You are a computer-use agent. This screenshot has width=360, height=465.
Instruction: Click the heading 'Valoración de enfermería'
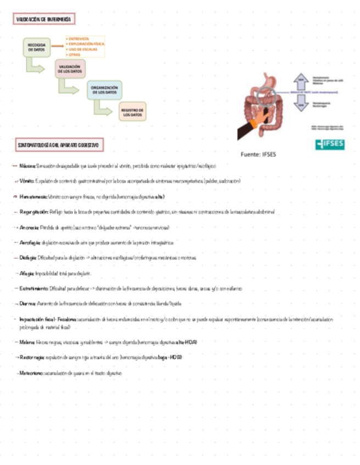coord(44,19)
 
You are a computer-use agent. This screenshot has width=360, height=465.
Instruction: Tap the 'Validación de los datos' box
coord(70,69)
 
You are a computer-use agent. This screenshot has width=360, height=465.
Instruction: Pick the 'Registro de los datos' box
coord(133,113)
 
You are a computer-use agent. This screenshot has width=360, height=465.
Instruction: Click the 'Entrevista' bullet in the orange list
coord(80,38)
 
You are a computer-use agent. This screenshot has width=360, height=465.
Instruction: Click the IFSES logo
coord(330,145)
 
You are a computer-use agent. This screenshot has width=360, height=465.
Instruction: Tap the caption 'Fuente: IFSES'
coord(258,155)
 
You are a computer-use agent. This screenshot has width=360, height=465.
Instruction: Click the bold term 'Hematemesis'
coord(33,196)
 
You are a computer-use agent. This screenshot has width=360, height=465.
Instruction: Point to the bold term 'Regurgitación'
coord(34,211)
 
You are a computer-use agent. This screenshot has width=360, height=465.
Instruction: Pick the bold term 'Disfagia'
coord(27,257)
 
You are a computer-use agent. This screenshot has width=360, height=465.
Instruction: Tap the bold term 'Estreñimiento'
coord(34,288)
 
